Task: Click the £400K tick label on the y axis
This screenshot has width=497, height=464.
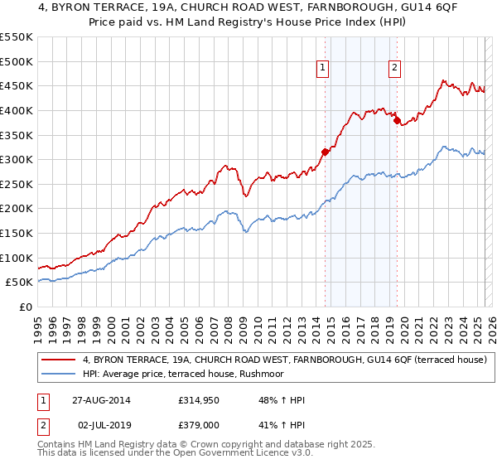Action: point(17,110)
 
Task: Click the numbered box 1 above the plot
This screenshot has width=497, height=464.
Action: point(321,69)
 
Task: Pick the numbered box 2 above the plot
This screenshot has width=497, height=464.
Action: point(394,69)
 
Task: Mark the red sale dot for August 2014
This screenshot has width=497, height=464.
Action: point(326,152)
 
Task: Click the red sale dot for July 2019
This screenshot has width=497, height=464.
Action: point(397,120)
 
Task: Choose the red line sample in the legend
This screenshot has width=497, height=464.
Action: point(60,360)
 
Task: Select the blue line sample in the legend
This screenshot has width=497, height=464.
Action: point(60,374)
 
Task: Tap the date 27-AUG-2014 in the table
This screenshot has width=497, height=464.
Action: point(106,400)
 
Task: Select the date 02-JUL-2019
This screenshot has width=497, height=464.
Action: point(106,424)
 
